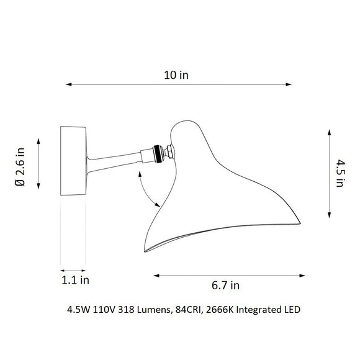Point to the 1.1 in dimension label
tap(76, 280)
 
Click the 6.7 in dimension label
tap(225, 286)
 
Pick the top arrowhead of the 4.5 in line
tap(328, 131)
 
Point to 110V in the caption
tap(103, 308)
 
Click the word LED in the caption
tap(291, 308)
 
